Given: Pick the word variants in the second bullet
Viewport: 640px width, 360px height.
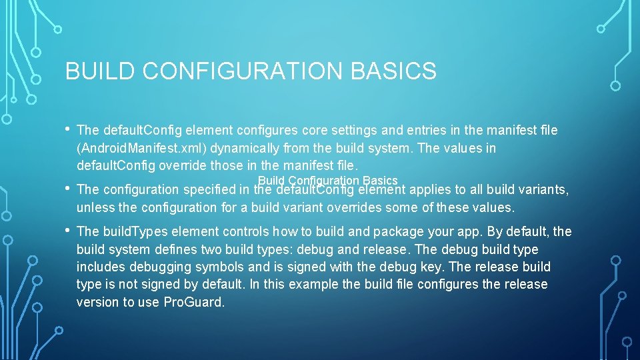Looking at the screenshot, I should [544, 190].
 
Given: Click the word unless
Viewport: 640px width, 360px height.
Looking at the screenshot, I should [95, 207].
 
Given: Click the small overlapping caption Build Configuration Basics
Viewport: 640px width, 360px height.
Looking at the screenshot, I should [327, 180].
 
